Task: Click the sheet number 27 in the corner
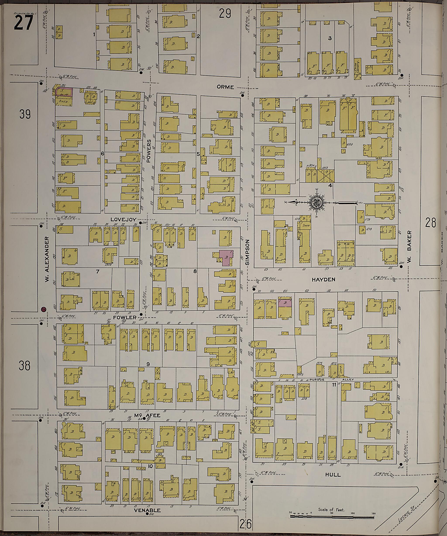(24, 23)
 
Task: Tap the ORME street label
(225, 87)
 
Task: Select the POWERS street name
(149, 151)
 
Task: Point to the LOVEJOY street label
(124, 219)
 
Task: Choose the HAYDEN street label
(323, 279)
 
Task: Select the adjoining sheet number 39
(25, 114)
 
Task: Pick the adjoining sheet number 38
(24, 366)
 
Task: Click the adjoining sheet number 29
(225, 14)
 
